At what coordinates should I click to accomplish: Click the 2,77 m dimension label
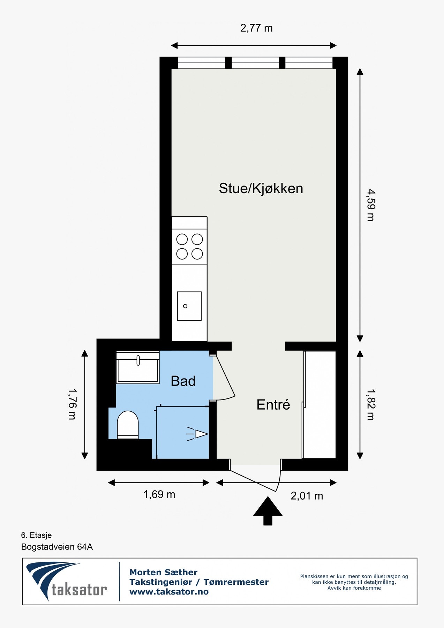pos(256,28)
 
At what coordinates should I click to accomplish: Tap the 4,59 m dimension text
pos(370,205)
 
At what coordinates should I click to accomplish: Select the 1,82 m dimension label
pos(370,405)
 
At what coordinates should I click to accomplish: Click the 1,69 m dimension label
pos(159,494)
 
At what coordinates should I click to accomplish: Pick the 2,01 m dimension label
pos(307,496)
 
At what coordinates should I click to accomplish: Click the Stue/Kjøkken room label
pos(261,188)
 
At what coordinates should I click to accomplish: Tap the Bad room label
pos(183,381)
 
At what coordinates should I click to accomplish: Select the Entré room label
pos(273,405)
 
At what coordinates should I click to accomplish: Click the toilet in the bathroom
pos(128,424)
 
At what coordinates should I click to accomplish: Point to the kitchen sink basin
pos(189,306)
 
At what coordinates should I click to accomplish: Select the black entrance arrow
pos(268,510)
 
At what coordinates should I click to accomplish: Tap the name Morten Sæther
pos(163,573)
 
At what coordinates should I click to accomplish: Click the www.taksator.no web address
pos(169,592)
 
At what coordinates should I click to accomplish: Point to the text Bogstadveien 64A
pos(57,547)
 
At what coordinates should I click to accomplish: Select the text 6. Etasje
pos(36,535)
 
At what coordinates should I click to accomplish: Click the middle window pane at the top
pos(255,63)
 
